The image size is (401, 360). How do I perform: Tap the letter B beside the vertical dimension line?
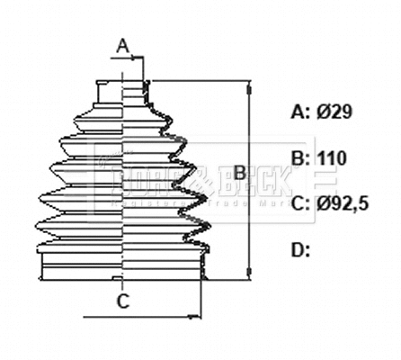(x=239, y=170)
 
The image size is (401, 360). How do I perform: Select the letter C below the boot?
(x=124, y=301)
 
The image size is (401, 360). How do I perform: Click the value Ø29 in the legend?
(x=335, y=112)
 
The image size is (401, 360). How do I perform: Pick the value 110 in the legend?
(x=332, y=158)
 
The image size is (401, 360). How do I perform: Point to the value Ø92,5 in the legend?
(x=343, y=204)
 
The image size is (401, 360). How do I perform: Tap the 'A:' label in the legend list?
(x=301, y=112)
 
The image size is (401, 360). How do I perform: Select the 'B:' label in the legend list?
(x=301, y=158)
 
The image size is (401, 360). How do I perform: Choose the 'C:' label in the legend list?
(x=301, y=204)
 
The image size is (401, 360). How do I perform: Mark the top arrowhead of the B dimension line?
(x=247, y=85)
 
